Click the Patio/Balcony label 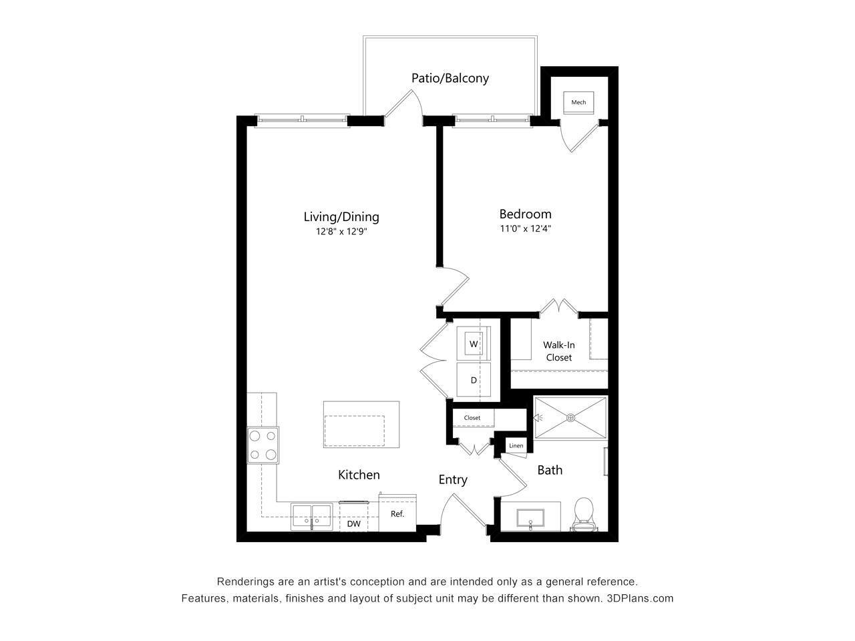tap(450, 78)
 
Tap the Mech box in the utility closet tap(578, 102)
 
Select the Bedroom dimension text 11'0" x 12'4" tap(526, 229)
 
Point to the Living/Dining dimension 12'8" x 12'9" tap(341, 232)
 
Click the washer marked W tap(474, 344)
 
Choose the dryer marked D tap(474, 381)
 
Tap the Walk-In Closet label tap(558, 351)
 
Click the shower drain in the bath tap(570, 418)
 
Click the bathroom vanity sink tap(530, 518)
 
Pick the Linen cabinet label tap(516, 446)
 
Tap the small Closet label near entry tap(472, 418)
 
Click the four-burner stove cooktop tap(263, 445)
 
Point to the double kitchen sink tap(311, 516)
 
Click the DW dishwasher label tap(354, 524)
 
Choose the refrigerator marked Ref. tap(397, 514)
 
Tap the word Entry tap(453, 479)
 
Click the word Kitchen tap(359, 475)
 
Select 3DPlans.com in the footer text tap(641, 598)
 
